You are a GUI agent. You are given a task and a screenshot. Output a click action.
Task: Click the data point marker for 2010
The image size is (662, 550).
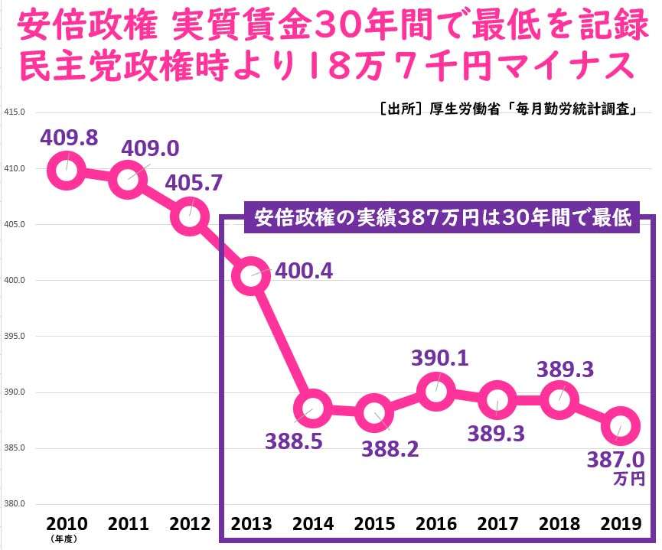tap(65, 170)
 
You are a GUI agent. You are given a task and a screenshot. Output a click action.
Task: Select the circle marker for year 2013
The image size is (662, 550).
tap(251, 276)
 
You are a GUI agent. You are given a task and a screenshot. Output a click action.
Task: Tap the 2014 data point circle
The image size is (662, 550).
tap(313, 408)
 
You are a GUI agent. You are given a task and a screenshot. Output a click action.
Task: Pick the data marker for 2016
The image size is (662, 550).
tap(436, 391)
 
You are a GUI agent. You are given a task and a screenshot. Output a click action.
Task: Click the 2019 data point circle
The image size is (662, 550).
tap(621, 426)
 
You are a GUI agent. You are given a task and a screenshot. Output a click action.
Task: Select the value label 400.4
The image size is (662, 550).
tap(305, 271)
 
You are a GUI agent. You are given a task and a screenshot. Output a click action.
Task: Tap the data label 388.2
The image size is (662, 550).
tap(390, 447)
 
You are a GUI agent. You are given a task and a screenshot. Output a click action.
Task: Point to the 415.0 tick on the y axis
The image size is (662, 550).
tap(15, 112)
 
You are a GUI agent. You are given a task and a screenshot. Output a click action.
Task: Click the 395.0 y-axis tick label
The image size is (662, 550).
tap(15, 336)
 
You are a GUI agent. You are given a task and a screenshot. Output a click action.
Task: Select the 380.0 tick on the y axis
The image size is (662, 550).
tap(15, 504)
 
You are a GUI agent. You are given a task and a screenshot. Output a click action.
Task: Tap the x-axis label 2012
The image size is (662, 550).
tap(190, 524)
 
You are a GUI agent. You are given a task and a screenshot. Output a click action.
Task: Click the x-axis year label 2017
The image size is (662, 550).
tap(498, 524)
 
